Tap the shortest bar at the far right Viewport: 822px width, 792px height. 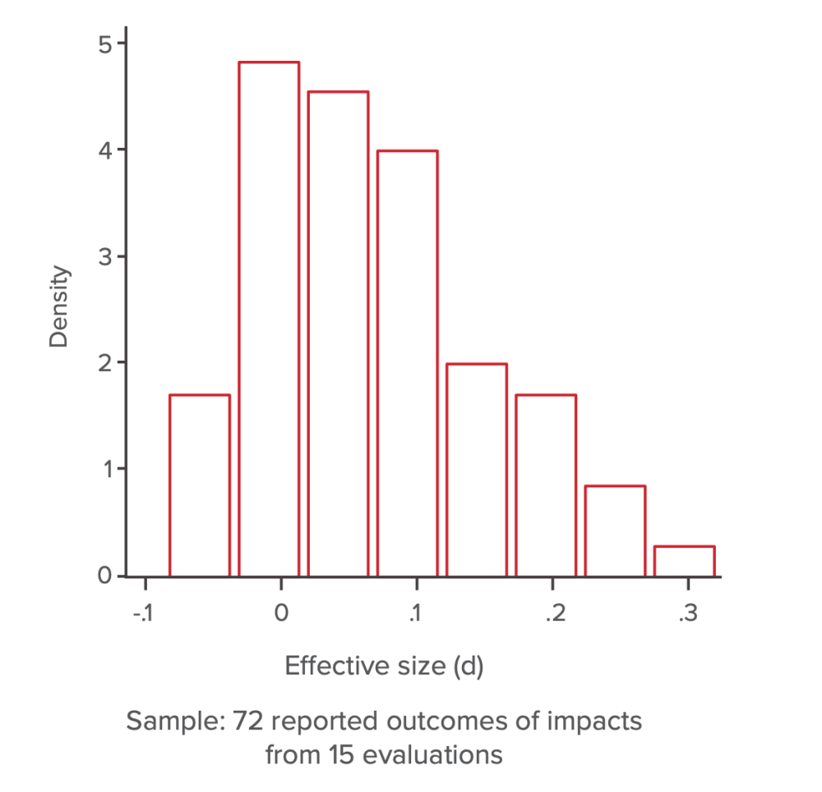pyautogui.click(x=684, y=561)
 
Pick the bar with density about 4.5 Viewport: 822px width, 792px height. pyautogui.click(x=338, y=333)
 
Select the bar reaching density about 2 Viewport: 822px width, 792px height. pyautogui.click(x=477, y=469)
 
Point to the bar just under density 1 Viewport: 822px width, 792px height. pyautogui.click(x=615, y=531)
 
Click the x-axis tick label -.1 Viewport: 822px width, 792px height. pyautogui.click(x=144, y=615)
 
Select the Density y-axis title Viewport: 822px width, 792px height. pyautogui.click(x=58, y=308)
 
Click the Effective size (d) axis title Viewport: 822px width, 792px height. pyautogui.click(x=384, y=666)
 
